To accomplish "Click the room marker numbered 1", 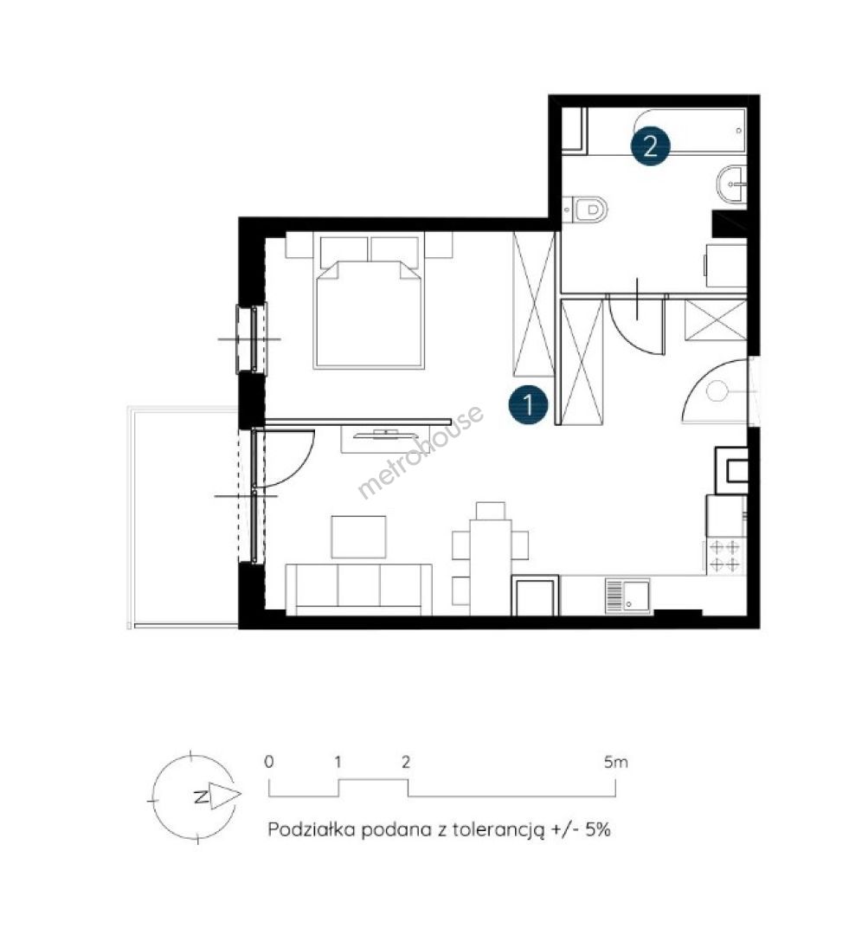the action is pyautogui.click(x=528, y=404).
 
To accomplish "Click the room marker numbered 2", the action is pyautogui.click(x=651, y=145).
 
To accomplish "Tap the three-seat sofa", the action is pyautogui.click(x=359, y=590).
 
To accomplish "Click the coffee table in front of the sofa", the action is pyautogui.click(x=359, y=537).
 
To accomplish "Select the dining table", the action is pyautogui.click(x=491, y=567).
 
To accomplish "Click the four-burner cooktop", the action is pyautogui.click(x=725, y=557).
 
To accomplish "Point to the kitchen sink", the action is pyautogui.click(x=627, y=595).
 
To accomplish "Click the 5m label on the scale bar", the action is pyautogui.click(x=616, y=762).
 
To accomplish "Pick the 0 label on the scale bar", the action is pyautogui.click(x=269, y=762).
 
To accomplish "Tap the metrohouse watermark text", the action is pyautogui.click(x=421, y=451).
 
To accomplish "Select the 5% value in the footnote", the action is pyautogui.click(x=598, y=829).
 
